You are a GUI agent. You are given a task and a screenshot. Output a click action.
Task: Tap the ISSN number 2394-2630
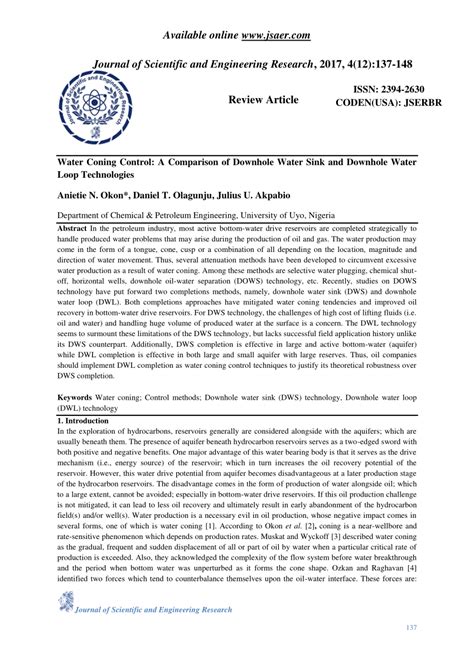pyautogui.click(x=406, y=90)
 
